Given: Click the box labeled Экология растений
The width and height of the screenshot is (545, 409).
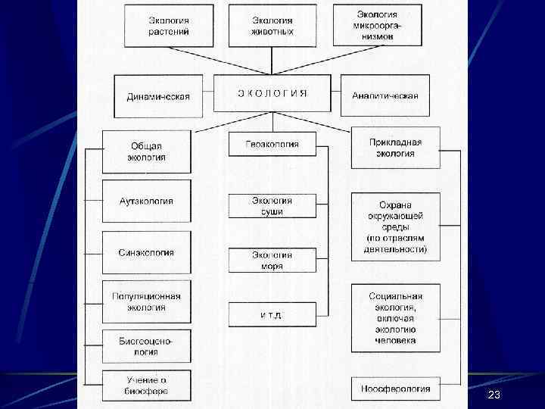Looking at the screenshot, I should click(x=169, y=26).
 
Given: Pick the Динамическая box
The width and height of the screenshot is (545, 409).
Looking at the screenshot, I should click(x=158, y=95).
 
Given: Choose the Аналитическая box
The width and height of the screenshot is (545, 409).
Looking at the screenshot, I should click(x=385, y=95).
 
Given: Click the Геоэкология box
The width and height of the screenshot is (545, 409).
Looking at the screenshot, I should click(x=272, y=144).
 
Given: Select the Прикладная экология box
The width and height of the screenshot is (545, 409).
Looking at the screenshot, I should click(x=395, y=148).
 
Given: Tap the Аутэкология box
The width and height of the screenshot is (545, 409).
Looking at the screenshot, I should click(x=146, y=201).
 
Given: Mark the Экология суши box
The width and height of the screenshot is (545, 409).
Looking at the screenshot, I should click(x=272, y=206).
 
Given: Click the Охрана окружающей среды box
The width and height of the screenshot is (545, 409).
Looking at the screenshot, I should click(x=395, y=226).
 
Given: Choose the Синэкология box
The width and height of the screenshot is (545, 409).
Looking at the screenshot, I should click(x=146, y=252).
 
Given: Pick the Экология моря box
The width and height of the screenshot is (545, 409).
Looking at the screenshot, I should click(x=272, y=260).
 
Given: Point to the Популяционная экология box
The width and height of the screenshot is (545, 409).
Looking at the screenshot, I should click(x=146, y=301).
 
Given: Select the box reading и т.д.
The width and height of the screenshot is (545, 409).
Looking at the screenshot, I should click(x=272, y=314).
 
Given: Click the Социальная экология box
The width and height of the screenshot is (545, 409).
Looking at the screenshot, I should click(x=395, y=318).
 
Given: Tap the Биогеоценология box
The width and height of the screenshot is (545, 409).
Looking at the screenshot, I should click(x=146, y=346).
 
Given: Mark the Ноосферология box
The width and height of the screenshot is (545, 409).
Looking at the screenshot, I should click(x=395, y=389).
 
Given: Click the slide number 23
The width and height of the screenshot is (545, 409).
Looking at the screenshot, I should click(x=494, y=395).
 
